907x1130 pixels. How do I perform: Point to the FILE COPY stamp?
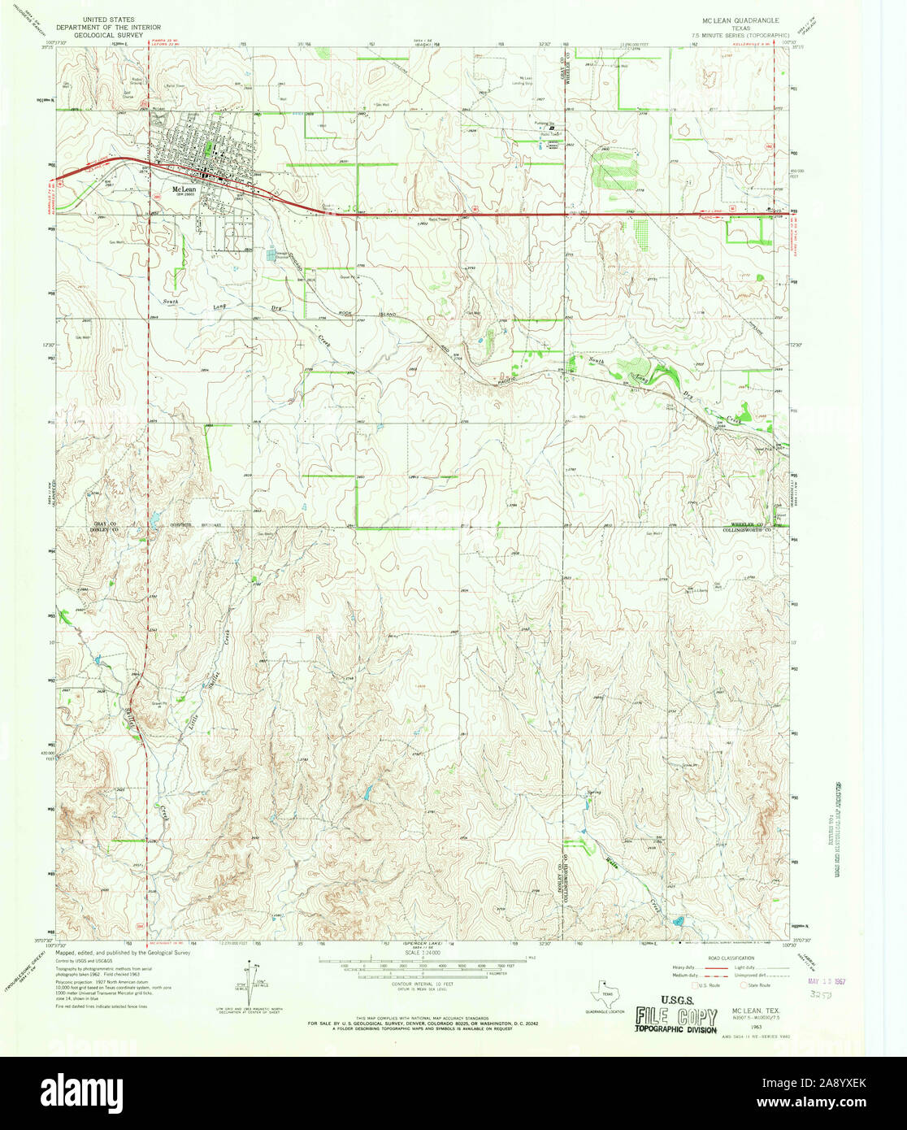[x=675, y=1019]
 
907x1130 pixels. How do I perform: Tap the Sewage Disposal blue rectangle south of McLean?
[x=271, y=255]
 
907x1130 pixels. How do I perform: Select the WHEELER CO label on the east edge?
[x=745, y=524]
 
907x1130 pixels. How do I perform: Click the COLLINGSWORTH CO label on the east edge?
[x=745, y=530]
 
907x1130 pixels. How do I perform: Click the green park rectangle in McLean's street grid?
[x=209, y=148]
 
